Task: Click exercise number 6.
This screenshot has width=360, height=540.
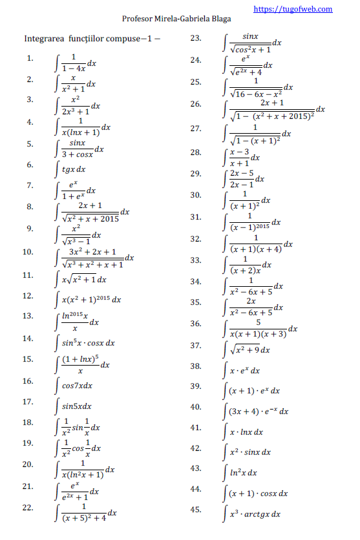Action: click(30, 165)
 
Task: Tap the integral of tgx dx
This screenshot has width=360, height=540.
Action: click(72, 169)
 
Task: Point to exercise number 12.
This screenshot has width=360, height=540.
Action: click(28, 296)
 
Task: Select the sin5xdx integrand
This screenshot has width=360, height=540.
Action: click(76, 406)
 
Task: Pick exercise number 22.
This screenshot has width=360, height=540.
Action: click(28, 508)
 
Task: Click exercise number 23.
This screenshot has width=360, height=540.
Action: click(196, 39)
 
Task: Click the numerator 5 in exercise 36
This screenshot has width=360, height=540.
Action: click(258, 322)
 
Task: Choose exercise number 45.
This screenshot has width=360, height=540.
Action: click(196, 510)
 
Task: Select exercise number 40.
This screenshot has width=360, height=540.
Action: click(196, 407)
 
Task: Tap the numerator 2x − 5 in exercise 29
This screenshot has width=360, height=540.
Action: click(242, 173)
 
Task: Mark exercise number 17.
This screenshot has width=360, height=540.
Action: click(28, 402)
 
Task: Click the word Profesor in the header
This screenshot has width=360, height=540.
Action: click(137, 19)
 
